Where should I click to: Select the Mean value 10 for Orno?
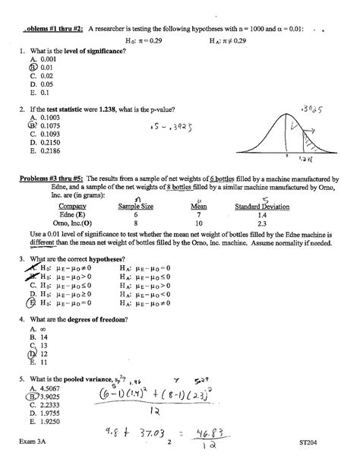coord(199,224)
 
